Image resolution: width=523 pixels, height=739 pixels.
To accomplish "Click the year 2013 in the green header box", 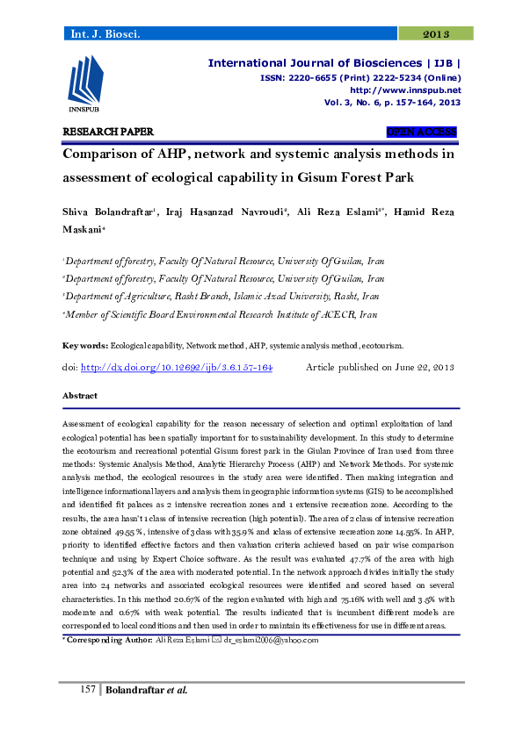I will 436,34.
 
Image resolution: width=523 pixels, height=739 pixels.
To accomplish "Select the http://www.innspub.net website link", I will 405,90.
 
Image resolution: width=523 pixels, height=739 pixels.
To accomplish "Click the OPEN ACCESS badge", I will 422,133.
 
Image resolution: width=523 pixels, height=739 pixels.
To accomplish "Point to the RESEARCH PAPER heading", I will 108,133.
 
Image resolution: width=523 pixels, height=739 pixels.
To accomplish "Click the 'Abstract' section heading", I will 80,397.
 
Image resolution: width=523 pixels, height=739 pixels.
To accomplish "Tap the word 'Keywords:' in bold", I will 85,347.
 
